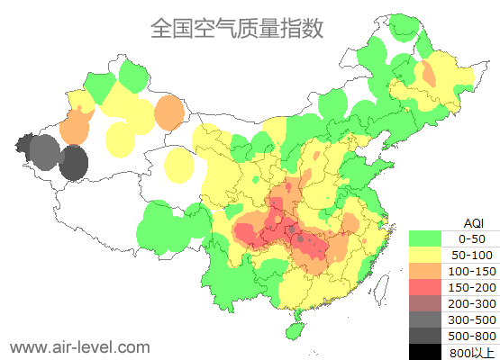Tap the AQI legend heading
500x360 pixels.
[474, 222]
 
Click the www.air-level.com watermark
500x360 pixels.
[79, 346]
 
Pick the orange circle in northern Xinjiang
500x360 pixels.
[168, 112]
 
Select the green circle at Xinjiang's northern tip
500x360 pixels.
[133, 76]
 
